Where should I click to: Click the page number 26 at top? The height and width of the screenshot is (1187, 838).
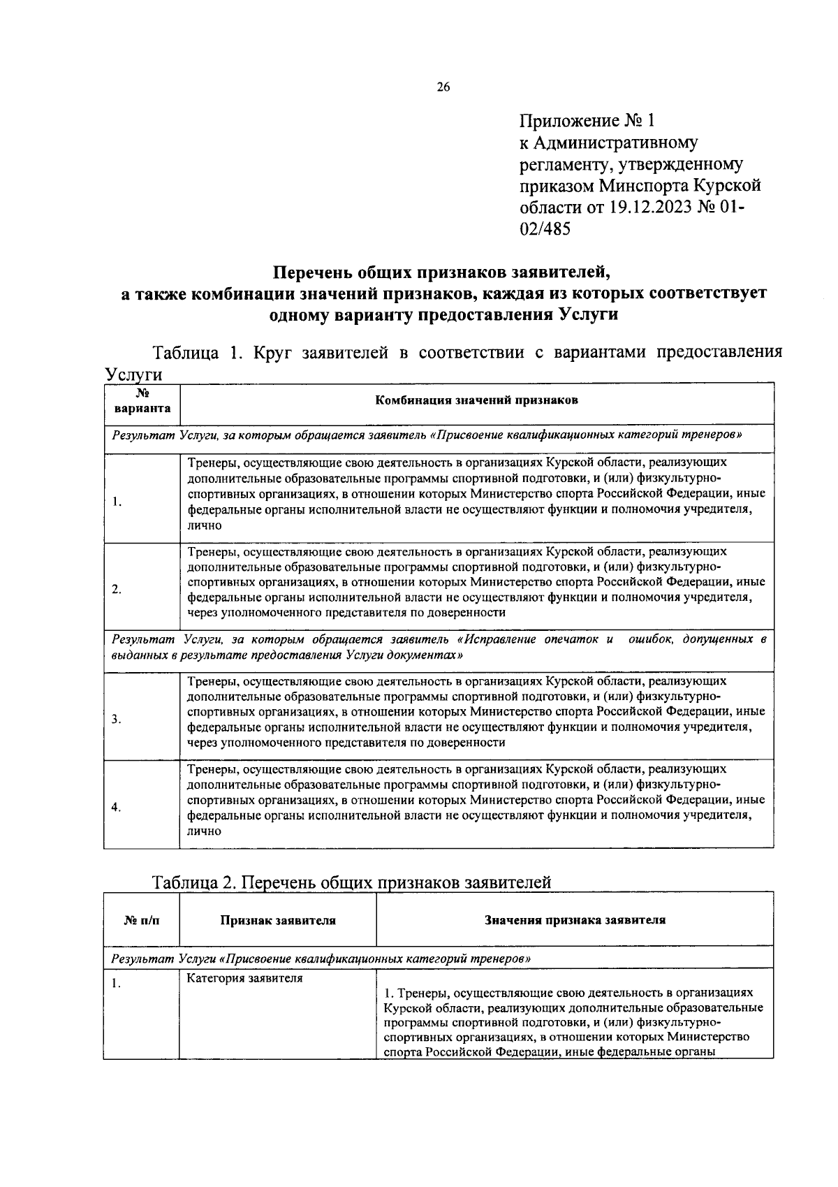pos(443,87)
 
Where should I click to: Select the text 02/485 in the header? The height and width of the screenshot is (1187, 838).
pos(545,229)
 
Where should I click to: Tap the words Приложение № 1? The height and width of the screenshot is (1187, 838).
pos(587,121)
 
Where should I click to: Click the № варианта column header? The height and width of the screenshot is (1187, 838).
pos(142,402)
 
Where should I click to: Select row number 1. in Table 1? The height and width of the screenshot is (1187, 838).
pos(117,501)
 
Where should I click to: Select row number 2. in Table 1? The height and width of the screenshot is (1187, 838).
pos(117,589)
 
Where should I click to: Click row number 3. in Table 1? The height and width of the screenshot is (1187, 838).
pos(117,719)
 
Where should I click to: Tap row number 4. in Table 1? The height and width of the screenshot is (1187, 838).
pos(117,807)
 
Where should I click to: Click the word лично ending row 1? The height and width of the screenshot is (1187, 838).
pos(204,525)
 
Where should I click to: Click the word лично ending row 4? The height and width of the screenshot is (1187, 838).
pos(204,831)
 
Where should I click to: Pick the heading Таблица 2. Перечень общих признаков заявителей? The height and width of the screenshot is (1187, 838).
pos(352,882)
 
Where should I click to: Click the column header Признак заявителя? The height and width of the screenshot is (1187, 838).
pos(278,920)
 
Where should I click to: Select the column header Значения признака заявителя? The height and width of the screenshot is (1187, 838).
pos(575,919)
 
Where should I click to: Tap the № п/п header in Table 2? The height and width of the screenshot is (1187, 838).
pos(142,920)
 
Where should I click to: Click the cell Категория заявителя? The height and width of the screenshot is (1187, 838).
pos(244,978)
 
